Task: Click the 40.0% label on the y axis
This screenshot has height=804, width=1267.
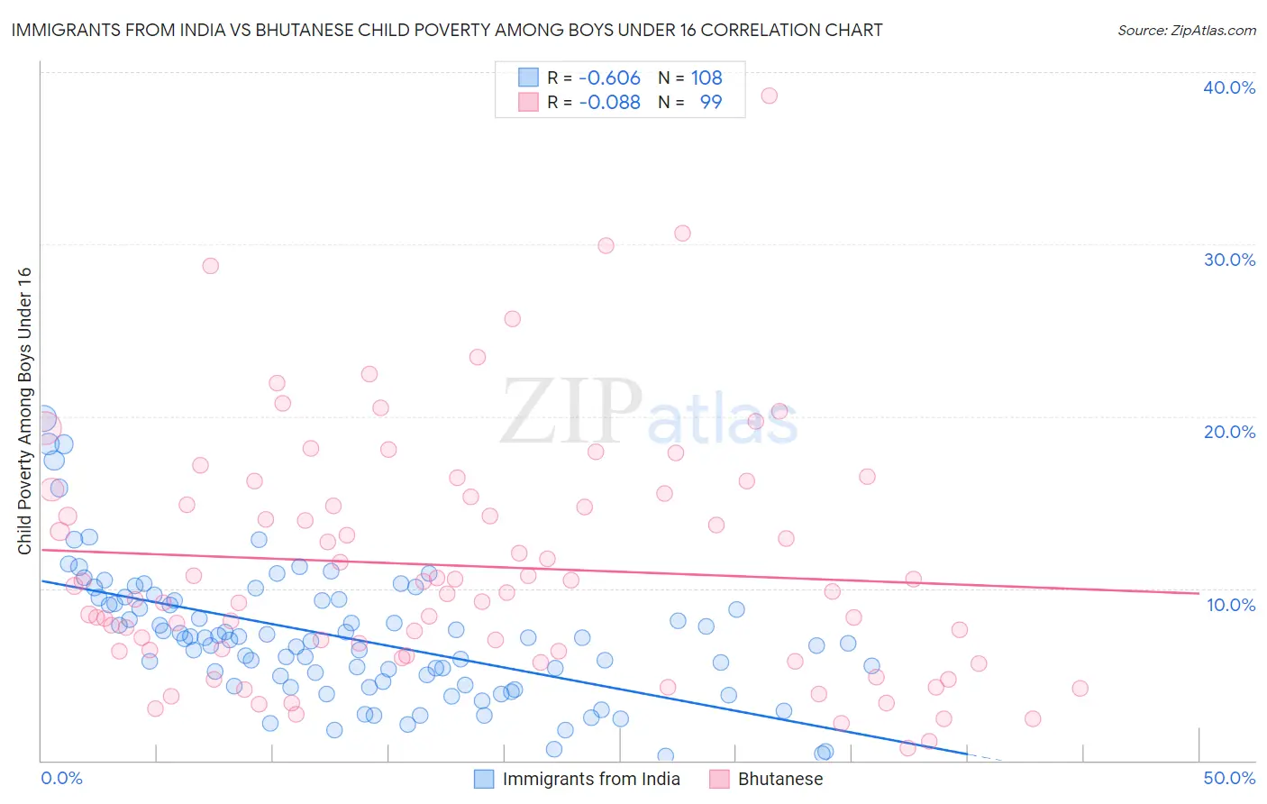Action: pos(1229,87)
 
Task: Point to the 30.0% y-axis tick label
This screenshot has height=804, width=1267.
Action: pos(1229,260)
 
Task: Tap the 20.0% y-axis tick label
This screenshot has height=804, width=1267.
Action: pos(1229,432)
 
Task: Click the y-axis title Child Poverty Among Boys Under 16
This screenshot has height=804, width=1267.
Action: pos(24,411)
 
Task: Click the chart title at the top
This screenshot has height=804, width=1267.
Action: pos(447,30)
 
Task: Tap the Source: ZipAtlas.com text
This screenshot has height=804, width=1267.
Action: pos(1186,30)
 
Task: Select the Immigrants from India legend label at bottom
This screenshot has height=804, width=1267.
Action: pos(591,780)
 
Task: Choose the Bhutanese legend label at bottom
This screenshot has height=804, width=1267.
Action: pos(780,780)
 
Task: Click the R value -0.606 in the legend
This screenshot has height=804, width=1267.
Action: pos(609,78)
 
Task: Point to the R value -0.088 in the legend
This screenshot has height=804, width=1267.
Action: pos(609,103)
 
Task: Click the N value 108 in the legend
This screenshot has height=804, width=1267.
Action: pos(706,78)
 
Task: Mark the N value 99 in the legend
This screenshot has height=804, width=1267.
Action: pos(711,103)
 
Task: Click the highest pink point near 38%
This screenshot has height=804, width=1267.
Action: pos(769,96)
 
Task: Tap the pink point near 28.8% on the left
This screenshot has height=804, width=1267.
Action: pos(210,266)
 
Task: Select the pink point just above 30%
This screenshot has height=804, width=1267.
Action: pos(682,233)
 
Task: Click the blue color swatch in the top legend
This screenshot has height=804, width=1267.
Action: pos(528,78)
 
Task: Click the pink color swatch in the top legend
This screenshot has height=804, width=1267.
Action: pos(528,103)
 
